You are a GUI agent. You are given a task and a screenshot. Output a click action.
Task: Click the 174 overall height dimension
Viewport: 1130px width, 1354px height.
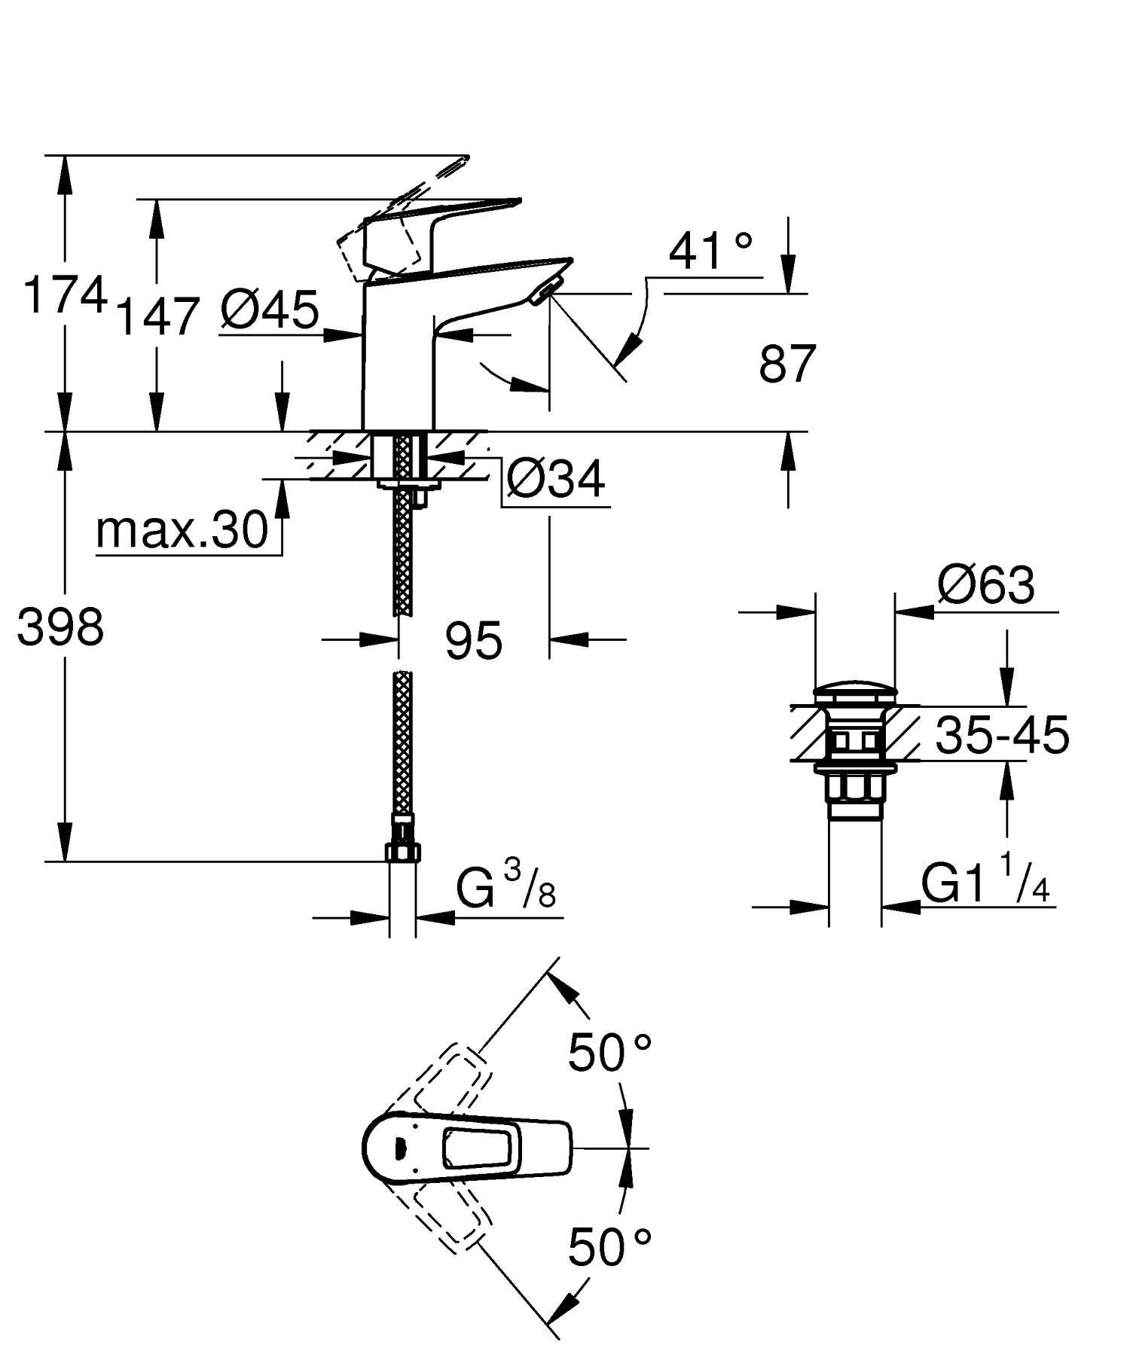pyautogui.click(x=64, y=295)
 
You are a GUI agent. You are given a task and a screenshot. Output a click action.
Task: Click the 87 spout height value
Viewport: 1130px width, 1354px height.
pyautogui.click(x=786, y=364)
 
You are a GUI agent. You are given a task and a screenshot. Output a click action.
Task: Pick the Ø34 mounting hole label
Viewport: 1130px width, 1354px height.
pyautogui.click(x=555, y=479)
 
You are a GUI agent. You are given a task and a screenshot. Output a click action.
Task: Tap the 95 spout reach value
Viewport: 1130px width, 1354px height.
pyautogui.click(x=473, y=642)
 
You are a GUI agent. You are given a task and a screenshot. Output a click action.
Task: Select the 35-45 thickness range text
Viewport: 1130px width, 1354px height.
pyautogui.click(x=1002, y=735)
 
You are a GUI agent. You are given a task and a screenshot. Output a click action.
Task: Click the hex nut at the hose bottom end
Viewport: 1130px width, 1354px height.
pyautogui.click(x=402, y=851)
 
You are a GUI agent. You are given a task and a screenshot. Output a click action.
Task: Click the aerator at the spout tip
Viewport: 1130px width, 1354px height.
pyautogui.click(x=544, y=290)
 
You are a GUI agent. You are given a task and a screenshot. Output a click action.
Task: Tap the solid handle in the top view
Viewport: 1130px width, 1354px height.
pyautogui.click(x=467, y=1148)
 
